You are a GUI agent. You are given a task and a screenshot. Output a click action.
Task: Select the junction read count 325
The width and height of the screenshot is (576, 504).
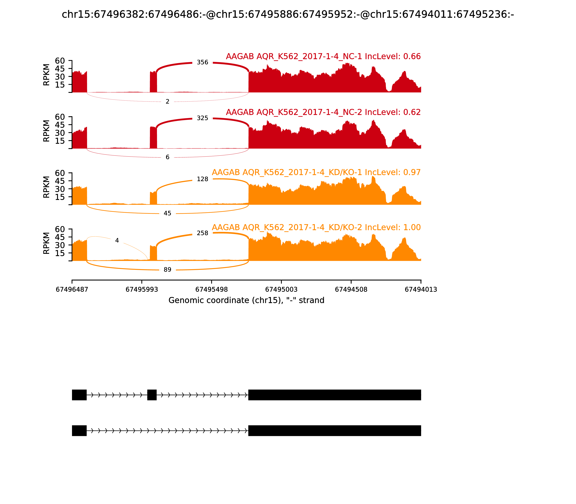[x=202, y=118]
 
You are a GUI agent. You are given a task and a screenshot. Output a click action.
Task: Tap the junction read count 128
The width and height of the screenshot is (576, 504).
[x=202, y=179]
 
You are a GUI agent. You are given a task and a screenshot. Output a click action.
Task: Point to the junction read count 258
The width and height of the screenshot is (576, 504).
[x=202, y=233]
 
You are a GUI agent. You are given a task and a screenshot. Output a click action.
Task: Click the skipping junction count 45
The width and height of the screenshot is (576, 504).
[x=167, y=213]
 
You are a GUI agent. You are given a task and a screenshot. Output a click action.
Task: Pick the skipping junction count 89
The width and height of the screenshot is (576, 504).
[x=167, y=270]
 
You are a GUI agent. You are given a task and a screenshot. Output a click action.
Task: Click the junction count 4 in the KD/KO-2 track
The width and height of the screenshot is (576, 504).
[x=117, y=240]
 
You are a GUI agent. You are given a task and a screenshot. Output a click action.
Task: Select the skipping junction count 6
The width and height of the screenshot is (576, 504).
[x=167, y=157]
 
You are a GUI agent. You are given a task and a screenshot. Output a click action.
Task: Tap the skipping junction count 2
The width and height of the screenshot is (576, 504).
[x=167, y=102]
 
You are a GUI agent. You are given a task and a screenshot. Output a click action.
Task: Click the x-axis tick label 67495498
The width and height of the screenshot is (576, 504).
[x=211, y=290]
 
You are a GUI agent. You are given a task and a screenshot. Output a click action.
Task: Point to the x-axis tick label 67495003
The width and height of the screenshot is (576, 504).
[x=281, y=290]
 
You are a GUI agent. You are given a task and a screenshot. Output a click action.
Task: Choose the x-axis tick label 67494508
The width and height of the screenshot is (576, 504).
[x=351, y=290]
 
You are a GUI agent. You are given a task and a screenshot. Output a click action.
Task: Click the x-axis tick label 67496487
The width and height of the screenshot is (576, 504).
[x=72, y=290]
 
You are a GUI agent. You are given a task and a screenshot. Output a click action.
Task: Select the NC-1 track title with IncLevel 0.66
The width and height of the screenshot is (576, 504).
[x=323, y=57]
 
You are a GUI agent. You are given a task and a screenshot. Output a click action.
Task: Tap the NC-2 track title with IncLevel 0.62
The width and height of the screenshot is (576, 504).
[x=323, y=112]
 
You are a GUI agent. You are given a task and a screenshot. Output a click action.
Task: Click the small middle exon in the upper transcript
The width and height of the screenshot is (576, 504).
[x=152, y=395]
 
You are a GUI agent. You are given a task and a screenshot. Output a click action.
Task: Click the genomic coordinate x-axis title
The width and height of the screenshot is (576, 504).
[x=246, y=300]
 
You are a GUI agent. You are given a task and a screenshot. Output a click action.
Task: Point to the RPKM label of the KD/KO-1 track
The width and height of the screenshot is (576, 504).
[x=46, y=187]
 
